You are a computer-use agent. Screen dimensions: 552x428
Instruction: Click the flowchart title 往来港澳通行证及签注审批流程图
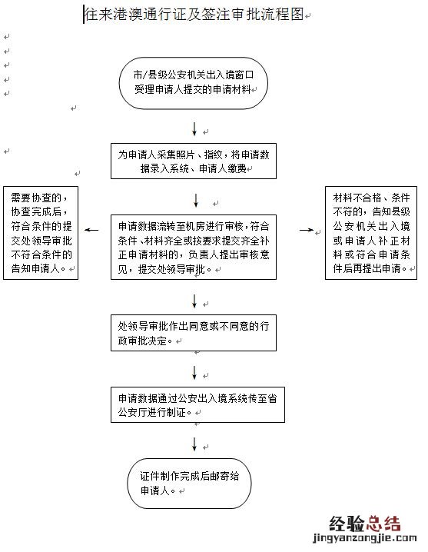[x=194, y=15]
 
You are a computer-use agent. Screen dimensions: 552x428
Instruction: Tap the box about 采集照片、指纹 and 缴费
[x=194, y=161]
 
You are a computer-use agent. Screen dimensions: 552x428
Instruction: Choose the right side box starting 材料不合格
[x=370, y=232]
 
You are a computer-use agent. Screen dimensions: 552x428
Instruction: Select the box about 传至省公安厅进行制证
[x=194, y=405]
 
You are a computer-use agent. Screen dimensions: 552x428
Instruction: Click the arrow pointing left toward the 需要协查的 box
[x=91, y=230]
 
